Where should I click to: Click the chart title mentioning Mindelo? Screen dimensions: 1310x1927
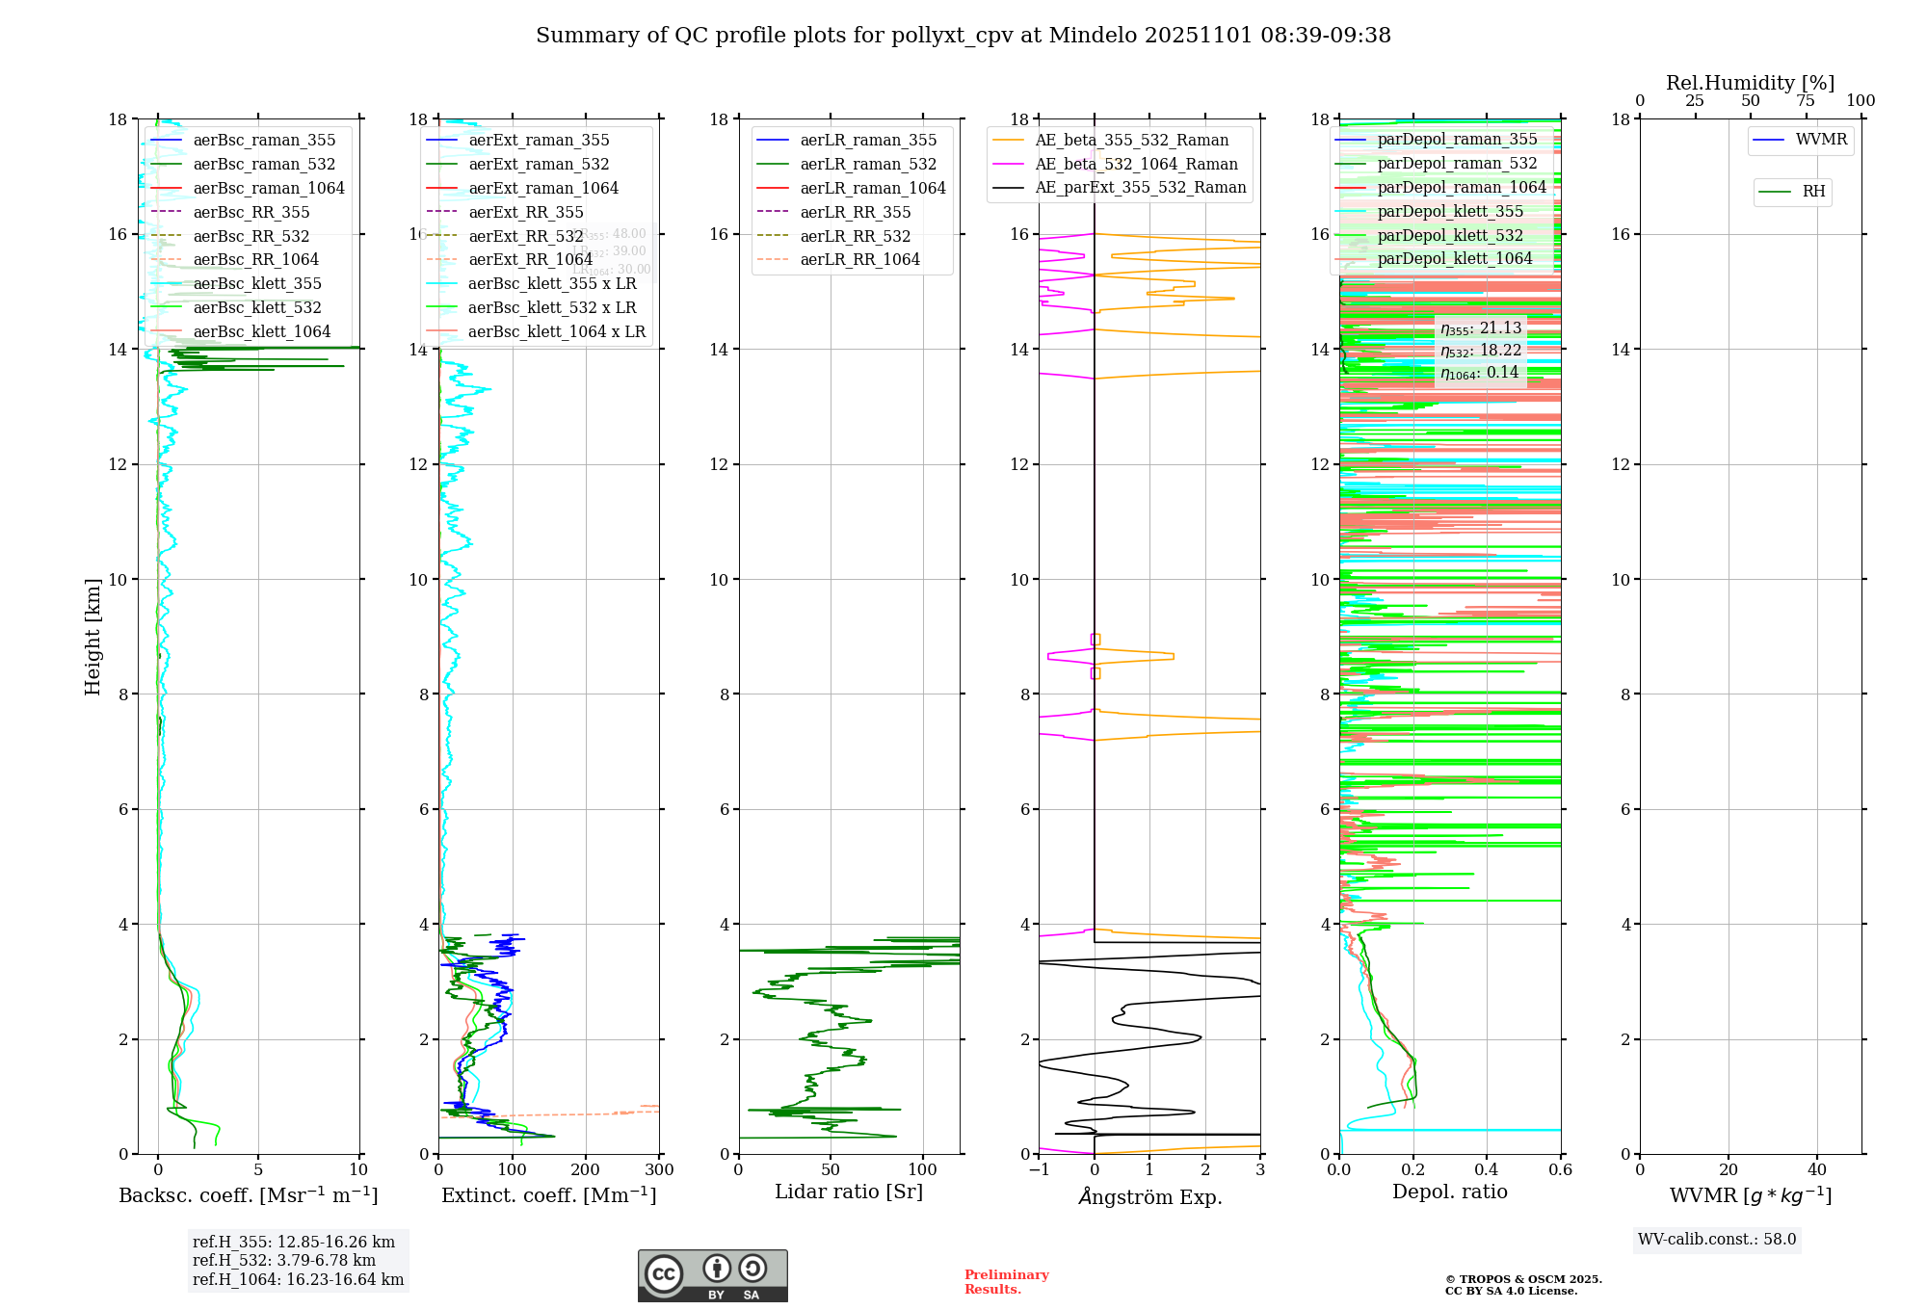tap(963, 36)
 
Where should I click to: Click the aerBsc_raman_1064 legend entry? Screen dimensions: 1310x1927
tap(268, 188)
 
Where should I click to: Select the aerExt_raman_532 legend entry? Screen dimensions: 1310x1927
tap(539, 164)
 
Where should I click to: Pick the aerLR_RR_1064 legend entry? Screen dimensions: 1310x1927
tap(859, 259)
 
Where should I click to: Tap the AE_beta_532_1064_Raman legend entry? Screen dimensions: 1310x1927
tap(1136, 164)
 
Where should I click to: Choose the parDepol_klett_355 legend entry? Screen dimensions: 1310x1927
tap(1450, 211)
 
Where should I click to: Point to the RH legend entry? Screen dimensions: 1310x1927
tap(1813, 192)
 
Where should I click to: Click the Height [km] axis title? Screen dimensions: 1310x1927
tap(92, 637)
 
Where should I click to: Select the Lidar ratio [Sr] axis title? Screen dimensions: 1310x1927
tap(849, 1192)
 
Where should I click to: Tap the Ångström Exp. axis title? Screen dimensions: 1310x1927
tap(1149, 1196)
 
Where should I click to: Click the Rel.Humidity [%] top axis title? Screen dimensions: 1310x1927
tap(1750, 83)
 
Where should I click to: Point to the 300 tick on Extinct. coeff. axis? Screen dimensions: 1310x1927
tap(660, 1170)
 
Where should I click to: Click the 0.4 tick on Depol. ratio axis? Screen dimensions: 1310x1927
tap(1487, 1170)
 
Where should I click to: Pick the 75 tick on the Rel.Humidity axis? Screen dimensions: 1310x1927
tap(1806, 101)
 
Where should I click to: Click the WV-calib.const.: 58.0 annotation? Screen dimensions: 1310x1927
tap(1717, 1239)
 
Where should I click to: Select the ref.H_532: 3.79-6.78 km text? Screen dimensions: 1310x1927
tap(283, 1260)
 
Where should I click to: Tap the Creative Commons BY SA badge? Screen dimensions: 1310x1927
tap(712, 1275)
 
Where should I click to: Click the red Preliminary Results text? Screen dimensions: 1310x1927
tap(1006, 1281)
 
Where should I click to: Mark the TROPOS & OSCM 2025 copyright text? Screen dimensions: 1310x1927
tap(1522, 1285)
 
